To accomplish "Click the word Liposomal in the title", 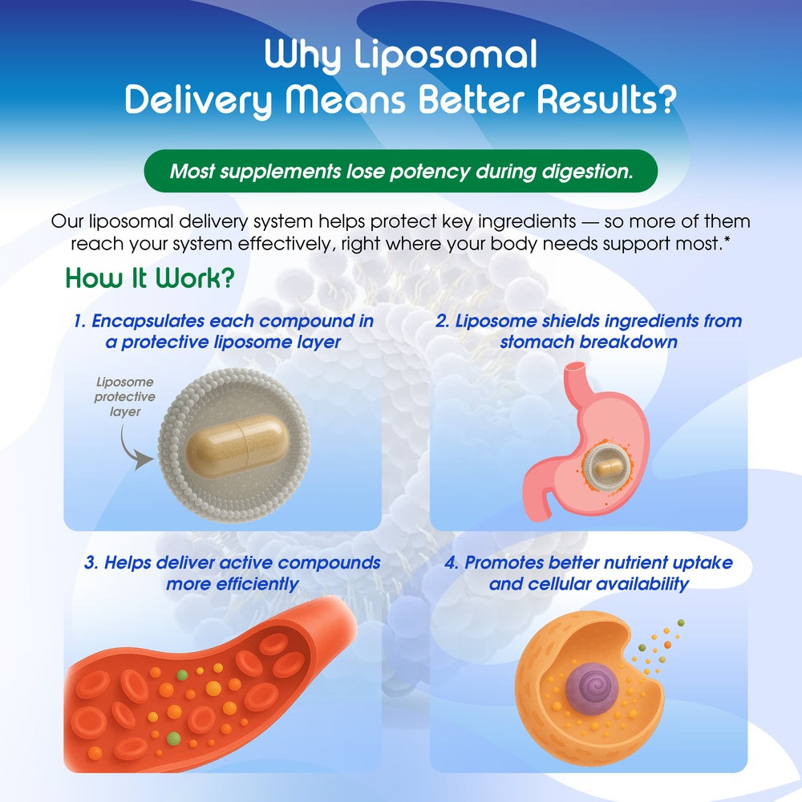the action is point(445,55).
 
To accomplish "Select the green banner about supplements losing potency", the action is point(401,171).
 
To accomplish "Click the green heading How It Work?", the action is point(150,279).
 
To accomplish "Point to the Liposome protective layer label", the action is point(125,397).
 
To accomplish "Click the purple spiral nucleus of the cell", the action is point(592,688).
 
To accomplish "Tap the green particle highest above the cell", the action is point(681,622).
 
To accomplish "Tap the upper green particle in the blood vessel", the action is point(182,675).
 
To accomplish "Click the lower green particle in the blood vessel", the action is point(173,738).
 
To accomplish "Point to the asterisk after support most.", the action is point(727,238).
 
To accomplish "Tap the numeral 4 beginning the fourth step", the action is point(450,563).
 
